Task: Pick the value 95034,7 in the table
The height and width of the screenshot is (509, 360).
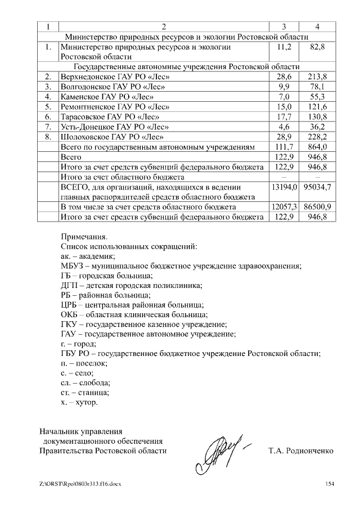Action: coord(318,187)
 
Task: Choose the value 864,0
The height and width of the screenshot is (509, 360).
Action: coord(318,146)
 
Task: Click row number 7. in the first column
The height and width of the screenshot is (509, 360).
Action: coord(48,126)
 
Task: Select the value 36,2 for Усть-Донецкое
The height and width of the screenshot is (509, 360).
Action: coord(318,126)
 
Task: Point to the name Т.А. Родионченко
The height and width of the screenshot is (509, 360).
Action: coord(301,451)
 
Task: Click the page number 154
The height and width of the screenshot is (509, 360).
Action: coord(330,484)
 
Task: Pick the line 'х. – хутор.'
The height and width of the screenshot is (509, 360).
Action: coord(79,403)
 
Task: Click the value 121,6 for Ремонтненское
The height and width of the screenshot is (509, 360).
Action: coord(318,106)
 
